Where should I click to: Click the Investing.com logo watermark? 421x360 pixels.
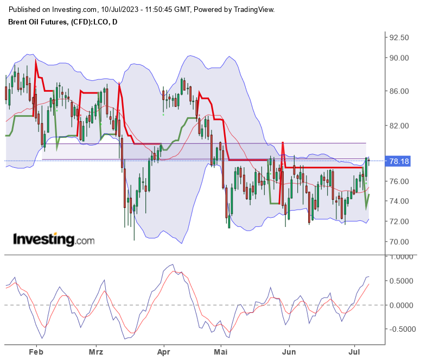(53, 239)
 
